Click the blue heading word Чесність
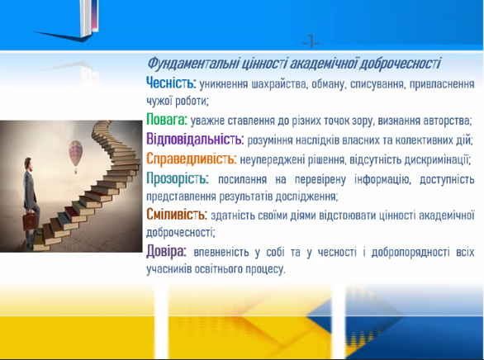(171, 83)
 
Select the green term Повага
(167, 119)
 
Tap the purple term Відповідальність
(195, 139)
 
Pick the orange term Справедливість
(192, 159)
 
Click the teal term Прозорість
(178, 178)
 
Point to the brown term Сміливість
(177, 214)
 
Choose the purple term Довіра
(166, 251)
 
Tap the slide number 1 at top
(311, 41)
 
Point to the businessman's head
(28, 163)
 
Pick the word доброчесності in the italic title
(400, 64)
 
